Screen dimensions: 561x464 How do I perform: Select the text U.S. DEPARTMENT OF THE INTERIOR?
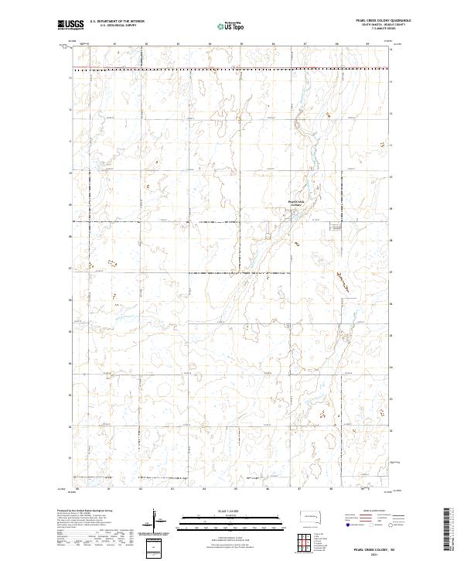[x=115, y=22]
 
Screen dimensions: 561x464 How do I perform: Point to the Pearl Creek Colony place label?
[x=297, y=203]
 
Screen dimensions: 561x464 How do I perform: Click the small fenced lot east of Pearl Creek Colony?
[x=336, y=227]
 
